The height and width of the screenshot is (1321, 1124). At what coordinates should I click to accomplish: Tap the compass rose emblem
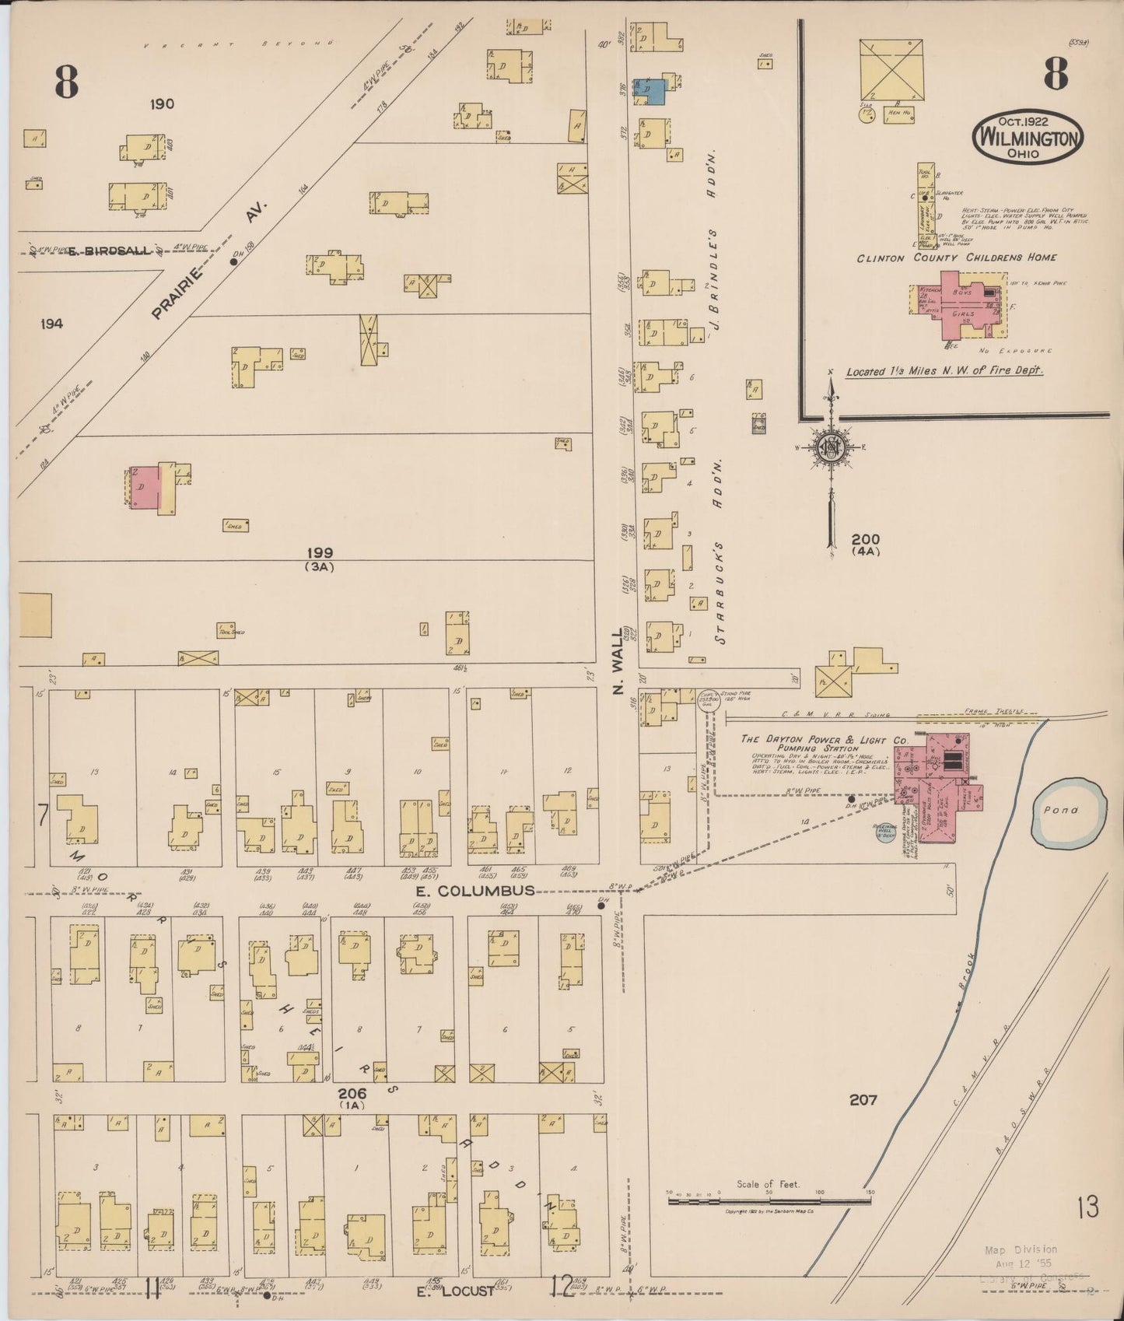click(x=831, y=447)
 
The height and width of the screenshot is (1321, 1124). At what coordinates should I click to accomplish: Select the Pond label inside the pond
click(x=1061, y=810)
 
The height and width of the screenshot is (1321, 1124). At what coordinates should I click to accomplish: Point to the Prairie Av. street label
click(x=208, y=261)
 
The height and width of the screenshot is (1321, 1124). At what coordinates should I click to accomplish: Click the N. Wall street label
click(x=620, y=673)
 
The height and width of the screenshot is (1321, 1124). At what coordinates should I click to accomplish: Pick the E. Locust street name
click(x=455, y=1291)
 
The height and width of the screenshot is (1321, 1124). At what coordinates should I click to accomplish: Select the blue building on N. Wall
click(x=651, y=90)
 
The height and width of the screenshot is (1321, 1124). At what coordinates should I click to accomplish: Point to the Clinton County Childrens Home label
click(x=956, y=258)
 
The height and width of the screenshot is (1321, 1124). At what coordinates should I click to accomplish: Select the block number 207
click(x=863, y=1099)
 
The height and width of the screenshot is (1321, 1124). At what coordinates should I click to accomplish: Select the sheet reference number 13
click(x=1087, y=1207)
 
